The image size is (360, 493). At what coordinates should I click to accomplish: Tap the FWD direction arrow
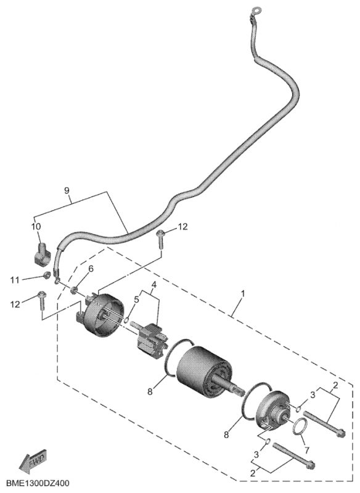click(x=33, y=463)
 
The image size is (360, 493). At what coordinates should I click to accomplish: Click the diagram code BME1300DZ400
click(x=37, y=484)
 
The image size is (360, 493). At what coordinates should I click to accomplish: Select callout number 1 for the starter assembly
click(x=243, y=294)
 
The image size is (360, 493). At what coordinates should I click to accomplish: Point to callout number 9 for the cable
click(x=67, y=190)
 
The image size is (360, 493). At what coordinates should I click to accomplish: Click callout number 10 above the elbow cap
click(x=36, y=226)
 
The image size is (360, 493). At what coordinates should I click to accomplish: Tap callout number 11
click(x=15, y=280)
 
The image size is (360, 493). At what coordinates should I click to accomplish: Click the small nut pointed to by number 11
click(x=46, y=275)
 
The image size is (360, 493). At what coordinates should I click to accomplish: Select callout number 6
click(x=91, y=269)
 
